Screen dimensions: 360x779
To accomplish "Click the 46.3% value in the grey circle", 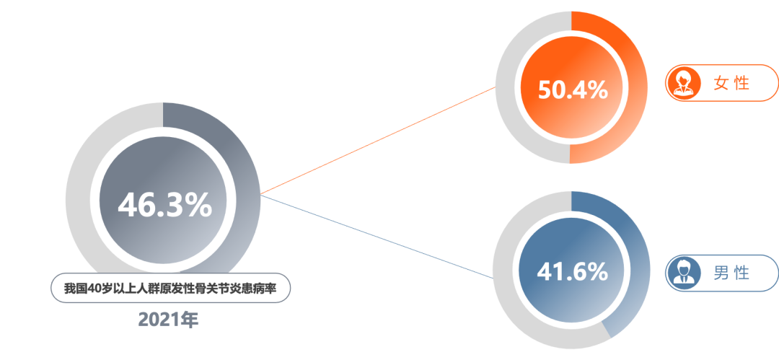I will tap(165, 206).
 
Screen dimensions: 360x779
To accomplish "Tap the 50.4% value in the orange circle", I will tap(573, 90).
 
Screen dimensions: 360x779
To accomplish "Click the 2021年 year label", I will tap(167, 320).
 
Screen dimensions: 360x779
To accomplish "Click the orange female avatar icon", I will tap(680, 83).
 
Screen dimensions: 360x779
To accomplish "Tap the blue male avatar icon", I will tap(680, 273).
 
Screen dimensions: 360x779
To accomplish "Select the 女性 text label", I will tap(731, 83).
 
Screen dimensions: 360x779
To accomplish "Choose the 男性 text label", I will tap(731, 273).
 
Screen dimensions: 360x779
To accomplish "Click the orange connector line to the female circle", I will tap(375, 141).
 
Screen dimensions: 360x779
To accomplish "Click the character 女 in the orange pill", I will tap(721, 83).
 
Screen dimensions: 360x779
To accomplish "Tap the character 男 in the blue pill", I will tap(721, 273).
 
